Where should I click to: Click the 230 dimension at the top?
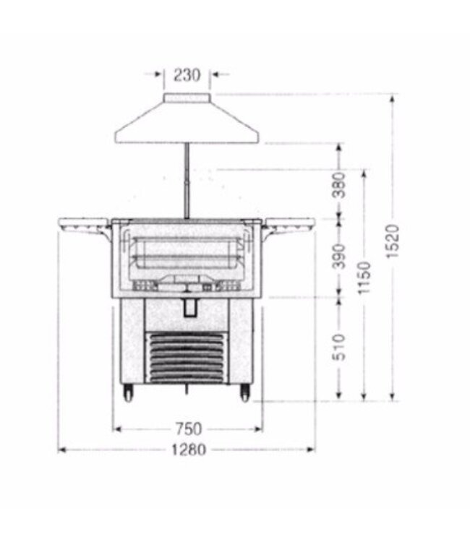pos(187,74)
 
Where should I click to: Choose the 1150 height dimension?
pos(364,277)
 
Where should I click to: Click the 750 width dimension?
pos(188,429)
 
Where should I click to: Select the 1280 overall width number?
pos(188,450)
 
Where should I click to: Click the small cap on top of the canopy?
pos(187,98)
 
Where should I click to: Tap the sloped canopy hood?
pos(187,124)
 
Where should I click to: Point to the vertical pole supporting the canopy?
pos(187,181)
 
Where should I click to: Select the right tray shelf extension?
pos(290,225)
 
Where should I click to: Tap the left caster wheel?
pos(130,392)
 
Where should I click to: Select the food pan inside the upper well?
pos(187,257)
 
